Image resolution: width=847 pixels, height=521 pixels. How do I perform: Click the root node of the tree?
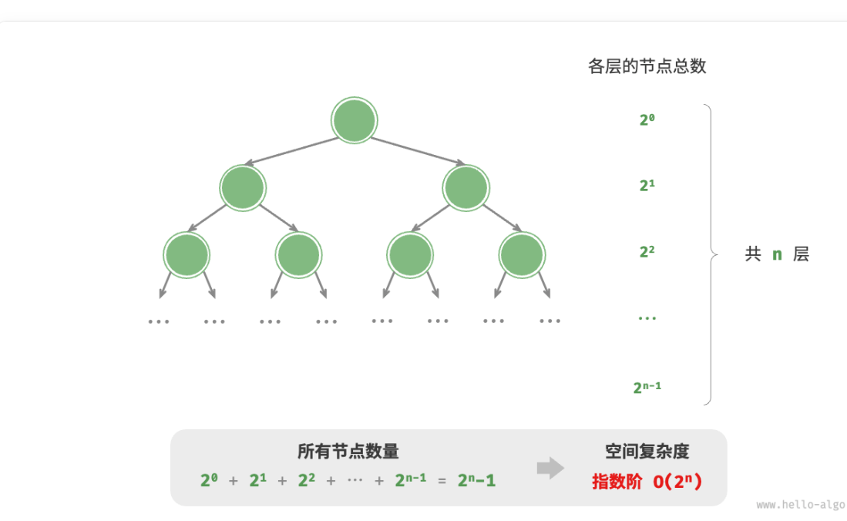tap(354, 120)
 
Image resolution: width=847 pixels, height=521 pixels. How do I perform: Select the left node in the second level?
tap(242, 187)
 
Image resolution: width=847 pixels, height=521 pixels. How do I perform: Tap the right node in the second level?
tap(466, 187)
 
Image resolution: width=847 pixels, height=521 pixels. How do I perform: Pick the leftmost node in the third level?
tap(187, 254)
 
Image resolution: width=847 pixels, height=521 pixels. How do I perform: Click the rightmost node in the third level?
tap(522, 254)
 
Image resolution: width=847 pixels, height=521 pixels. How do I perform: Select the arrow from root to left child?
tap(291, 151)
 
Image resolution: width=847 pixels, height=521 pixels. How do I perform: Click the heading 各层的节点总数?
tap(647, 66)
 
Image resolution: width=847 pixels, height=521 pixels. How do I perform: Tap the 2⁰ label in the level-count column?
tap(647, 119)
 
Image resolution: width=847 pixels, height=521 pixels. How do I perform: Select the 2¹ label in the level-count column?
tap(647, 186)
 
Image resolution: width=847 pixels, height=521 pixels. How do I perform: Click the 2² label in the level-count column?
tap(647, 251)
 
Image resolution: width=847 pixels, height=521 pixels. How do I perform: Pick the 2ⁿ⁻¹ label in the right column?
tap(647, 387)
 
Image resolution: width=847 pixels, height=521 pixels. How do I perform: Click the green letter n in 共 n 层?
tap(777, 254)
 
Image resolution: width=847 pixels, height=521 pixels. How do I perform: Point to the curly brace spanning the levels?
tap(710, 254)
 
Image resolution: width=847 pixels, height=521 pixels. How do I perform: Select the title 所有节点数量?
tap(348, 452)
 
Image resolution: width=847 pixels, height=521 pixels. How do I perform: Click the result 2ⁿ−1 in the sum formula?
tap(476, 481)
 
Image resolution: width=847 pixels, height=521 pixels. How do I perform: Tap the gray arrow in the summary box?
tap(550, 468)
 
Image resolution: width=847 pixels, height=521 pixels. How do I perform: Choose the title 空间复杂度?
tap(647, 452)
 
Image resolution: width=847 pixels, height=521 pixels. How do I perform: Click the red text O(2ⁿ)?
tap(677, 482)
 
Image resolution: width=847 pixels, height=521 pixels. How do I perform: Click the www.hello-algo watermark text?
tap(800, 505)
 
